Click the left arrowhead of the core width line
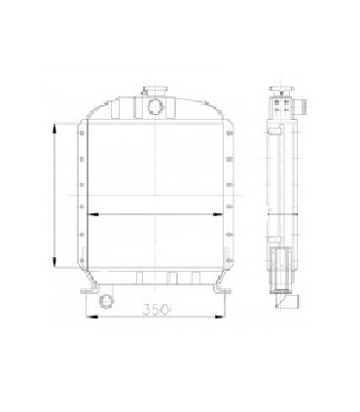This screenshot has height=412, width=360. coord(90,214)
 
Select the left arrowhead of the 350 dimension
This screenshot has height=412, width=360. coord(90,314)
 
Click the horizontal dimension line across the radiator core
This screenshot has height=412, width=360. coord(155,214)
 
